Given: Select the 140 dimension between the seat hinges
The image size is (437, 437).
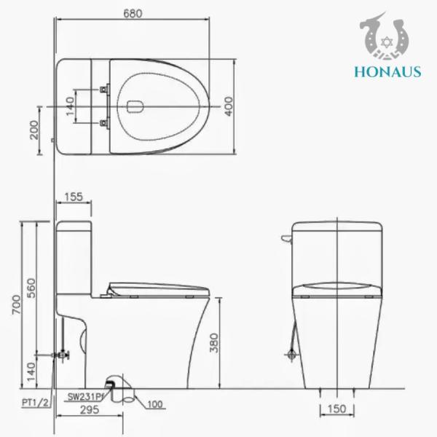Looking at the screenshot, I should [70, 107].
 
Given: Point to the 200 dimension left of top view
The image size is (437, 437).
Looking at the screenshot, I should [34, 131].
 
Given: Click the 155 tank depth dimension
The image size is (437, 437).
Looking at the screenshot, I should [73, 196].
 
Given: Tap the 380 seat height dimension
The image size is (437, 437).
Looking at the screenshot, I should [213, 344].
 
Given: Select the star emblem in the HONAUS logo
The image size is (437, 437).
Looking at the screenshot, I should [385, 36].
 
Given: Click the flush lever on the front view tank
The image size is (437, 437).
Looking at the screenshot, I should [286, 237].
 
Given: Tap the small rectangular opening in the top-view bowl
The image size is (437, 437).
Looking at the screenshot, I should [133, 107].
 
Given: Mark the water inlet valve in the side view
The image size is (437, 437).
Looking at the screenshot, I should [63, 355].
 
